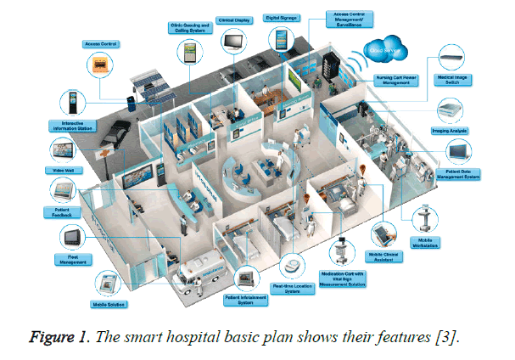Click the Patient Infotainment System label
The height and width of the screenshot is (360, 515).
point(244,301)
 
